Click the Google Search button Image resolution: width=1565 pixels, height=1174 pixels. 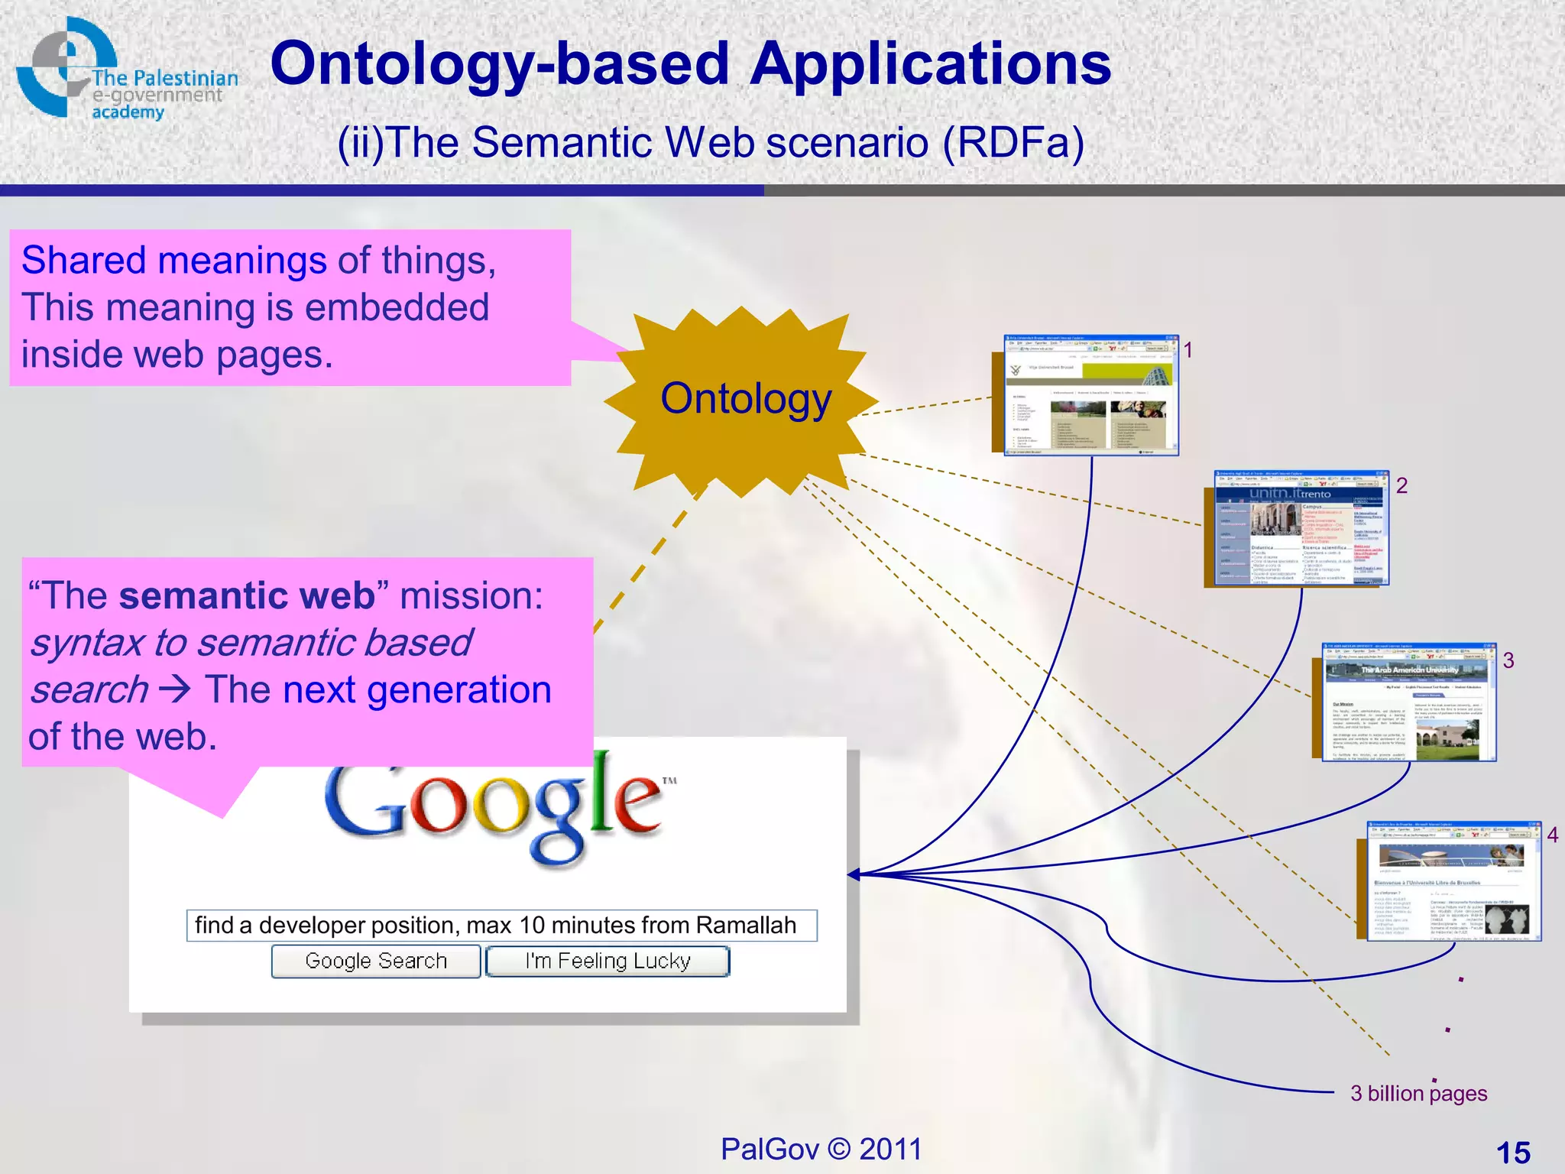tap(376, 961)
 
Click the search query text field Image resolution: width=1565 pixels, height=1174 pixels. tap(501, 926)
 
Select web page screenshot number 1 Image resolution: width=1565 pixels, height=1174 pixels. tap(1090, 395)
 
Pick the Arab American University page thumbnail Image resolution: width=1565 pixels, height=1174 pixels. tap(1408, 702)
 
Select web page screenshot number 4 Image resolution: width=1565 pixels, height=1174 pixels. tap(1453, 881)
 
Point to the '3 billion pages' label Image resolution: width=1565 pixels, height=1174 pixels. tap(1418, 1093)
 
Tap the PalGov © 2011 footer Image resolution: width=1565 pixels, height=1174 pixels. tap(821, 1149)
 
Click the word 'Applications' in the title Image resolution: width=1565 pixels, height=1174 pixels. tap(930, 63)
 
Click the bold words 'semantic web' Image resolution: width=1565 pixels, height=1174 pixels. tap(247, 595)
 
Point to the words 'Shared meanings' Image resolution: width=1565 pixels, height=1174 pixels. tap(174, 260)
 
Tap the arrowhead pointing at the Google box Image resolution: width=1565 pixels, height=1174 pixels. tap(854, 874)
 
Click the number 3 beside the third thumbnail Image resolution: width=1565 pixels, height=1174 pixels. tap(1508, 660)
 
